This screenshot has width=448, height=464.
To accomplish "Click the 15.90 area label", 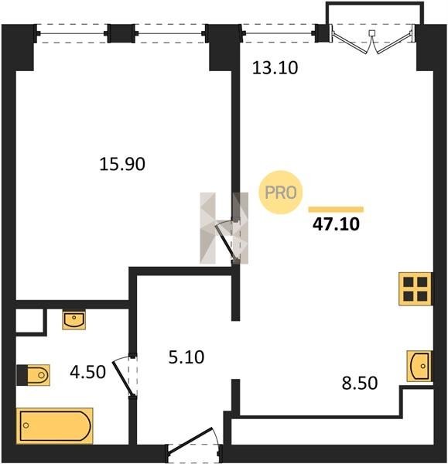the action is [122, 164].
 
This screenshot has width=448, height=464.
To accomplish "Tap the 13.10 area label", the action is [275, 68].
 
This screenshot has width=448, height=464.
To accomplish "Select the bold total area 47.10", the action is [336, 224].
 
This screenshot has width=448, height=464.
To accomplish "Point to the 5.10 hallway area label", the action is [186, 357].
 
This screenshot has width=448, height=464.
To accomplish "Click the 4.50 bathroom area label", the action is [87, 372].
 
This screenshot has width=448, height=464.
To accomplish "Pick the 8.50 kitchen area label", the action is [360, 383].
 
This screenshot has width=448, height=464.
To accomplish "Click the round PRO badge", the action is [281, 193].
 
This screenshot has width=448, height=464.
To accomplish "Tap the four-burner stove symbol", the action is [416, 288].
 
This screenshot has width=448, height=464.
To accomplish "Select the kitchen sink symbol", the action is [419, 366].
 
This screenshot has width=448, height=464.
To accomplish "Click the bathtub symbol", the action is [55, 426].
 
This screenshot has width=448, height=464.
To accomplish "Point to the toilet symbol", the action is [33, 375].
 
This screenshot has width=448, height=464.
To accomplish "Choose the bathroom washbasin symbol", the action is [74, 319].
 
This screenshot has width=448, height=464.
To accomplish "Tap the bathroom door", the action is [123, 376].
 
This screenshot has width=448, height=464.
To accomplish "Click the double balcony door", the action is [372, 40].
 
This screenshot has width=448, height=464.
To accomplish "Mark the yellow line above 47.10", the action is [336, 210].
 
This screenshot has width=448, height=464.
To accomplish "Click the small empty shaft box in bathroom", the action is [29, 321].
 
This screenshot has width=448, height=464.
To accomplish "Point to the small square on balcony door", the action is [372, 32].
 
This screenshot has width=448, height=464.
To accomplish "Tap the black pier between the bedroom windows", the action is [121, 33].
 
